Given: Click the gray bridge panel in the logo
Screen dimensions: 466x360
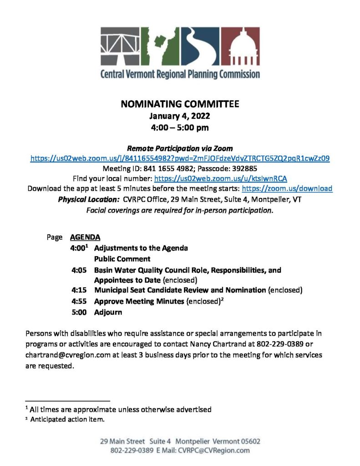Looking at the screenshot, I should click(x=120, y=46).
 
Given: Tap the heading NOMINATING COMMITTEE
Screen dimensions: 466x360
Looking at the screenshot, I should click(x=180, y=104).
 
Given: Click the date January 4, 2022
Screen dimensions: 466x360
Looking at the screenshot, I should click(x=180, y=116).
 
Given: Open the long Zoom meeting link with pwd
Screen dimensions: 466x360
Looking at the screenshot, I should click(x=180, y=159).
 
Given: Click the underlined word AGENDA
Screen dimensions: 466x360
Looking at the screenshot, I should click(x=85, y=237).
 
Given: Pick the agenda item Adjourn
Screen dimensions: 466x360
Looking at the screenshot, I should click(x=108, y=313).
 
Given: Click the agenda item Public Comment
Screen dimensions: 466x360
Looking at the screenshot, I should click(x=122, y=259).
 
